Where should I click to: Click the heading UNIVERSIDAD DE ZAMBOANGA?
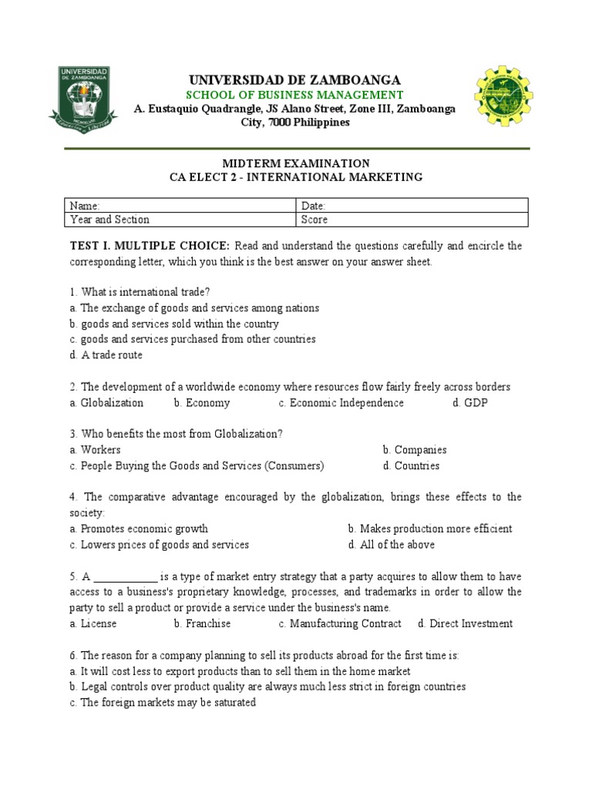295,80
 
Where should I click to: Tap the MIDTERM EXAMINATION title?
296,163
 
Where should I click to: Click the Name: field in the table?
180,206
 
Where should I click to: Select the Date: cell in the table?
412,206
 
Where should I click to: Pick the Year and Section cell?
180,220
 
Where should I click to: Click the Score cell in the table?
412,220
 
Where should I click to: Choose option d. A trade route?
106,355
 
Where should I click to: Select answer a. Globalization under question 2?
106,403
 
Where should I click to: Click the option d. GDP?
470,403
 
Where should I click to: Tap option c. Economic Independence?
341,403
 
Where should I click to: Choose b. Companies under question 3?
415,450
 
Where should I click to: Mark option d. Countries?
411,465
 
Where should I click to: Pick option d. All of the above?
391,545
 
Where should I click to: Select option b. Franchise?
202,624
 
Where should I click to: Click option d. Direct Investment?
465,624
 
